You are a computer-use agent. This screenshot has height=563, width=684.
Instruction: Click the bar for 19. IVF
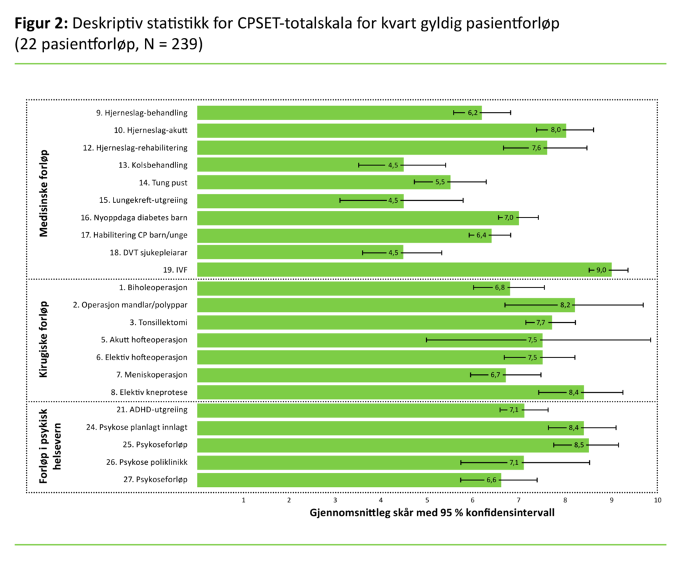click(x=404, y=269)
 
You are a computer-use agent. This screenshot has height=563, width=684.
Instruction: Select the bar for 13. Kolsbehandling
click(x=301, y=165)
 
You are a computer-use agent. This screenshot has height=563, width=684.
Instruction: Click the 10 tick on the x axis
click(x=657, y=500)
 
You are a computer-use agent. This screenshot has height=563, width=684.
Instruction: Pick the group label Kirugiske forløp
click(x=44, y=340)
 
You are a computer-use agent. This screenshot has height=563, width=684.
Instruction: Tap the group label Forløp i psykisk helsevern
click(x=49, y=444)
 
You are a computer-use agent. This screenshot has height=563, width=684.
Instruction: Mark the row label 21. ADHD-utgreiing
click(x=153, y=410)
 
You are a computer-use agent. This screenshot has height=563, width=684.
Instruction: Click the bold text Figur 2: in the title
click(x=41, y=23)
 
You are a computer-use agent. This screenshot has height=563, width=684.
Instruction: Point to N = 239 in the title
click(x=167, y=45)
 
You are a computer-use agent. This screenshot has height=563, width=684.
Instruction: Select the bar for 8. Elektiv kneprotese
click(x=391, y=392)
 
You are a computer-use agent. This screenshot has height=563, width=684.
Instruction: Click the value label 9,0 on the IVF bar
click(x=601, y=270)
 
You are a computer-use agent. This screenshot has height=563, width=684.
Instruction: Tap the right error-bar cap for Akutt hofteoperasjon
click(x=650, y=340)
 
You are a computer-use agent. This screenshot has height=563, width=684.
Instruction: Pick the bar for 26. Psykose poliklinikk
click(x=361, y=462)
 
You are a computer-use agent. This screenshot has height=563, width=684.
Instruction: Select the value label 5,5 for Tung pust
click(x=440, y=183)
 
